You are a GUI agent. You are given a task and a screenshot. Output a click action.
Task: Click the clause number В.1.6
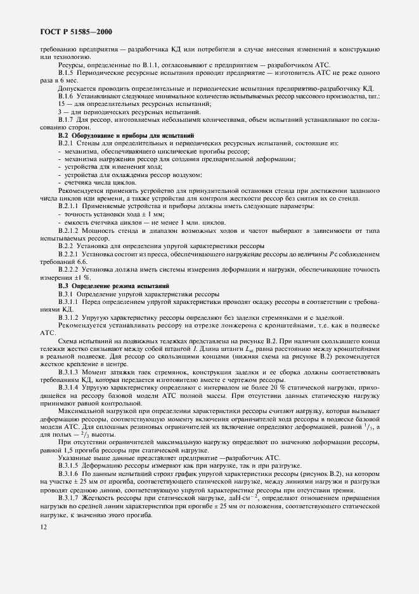pos(68,96)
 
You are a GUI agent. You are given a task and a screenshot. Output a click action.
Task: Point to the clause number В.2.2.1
pos(70,253)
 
